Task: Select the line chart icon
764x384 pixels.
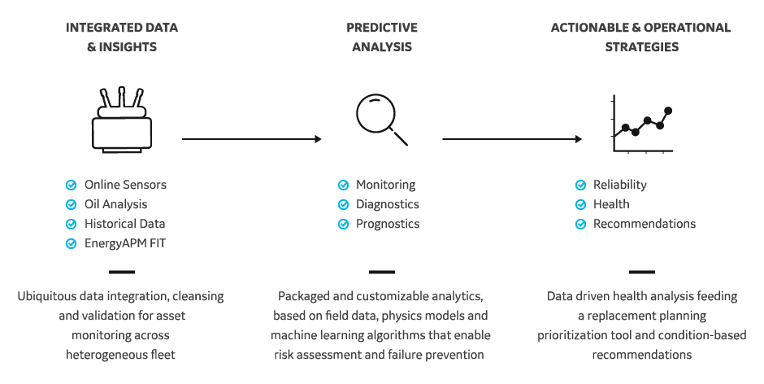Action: tap(643, 124)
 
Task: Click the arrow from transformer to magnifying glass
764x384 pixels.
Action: tap(251, 139)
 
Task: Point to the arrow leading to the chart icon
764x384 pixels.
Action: tap(512, 139)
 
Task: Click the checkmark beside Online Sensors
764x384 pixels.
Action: tap(72, 185)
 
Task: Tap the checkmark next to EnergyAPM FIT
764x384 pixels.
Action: tap(72, 243)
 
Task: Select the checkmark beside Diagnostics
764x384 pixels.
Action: tap(344, 204)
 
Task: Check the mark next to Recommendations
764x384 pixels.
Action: tap(581, 224)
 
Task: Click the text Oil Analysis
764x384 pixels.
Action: tap(116, 204)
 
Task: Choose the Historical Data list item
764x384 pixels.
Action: tap(124, 224)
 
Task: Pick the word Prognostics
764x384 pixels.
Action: tap(388, 224)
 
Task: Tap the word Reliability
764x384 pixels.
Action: tap(620, 185)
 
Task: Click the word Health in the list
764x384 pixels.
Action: tap(611, 204)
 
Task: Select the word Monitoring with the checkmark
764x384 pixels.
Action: tap(386, 185)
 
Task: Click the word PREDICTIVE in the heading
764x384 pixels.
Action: tap(382, 28)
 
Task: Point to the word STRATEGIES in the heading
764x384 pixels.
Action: tap(642, 47)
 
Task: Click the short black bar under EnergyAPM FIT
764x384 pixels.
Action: tap(122, 272)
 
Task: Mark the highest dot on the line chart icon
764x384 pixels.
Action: tap(668, 111)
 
